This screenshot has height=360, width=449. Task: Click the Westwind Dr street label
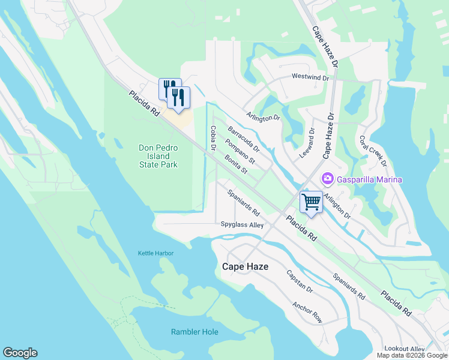pyautogui.click(x=310, y=77)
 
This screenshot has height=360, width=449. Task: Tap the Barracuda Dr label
pyautogui.click(x=243, y=139)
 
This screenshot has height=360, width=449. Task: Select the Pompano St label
pyautogui.click(x=239, y=152)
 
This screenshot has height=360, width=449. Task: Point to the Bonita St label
pyautogui.click(x=236, y=164)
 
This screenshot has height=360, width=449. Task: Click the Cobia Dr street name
pyautogui.click(x=212, y=138)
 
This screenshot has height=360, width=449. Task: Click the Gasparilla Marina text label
pyautogui.click(x=369, y=179)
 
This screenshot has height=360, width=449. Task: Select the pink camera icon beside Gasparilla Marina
pyautogui.click(x=328, y=178)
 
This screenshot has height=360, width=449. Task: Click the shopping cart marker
pyautogui.click(x=312, y=201)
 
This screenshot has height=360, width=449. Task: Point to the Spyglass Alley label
pyautogui.click(x=242, y=225)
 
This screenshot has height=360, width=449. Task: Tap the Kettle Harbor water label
pyautogui.click(x=155, y=253)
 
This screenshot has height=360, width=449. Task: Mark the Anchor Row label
pyautogui.click(x=307, y=312)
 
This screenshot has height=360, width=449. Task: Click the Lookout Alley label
pyautogui.click(x=405, y=349)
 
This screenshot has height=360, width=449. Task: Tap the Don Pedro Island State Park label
pyautogui.click(x=158, y=156)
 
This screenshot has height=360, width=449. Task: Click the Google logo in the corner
pyautogui.click(x=20, y=353)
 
